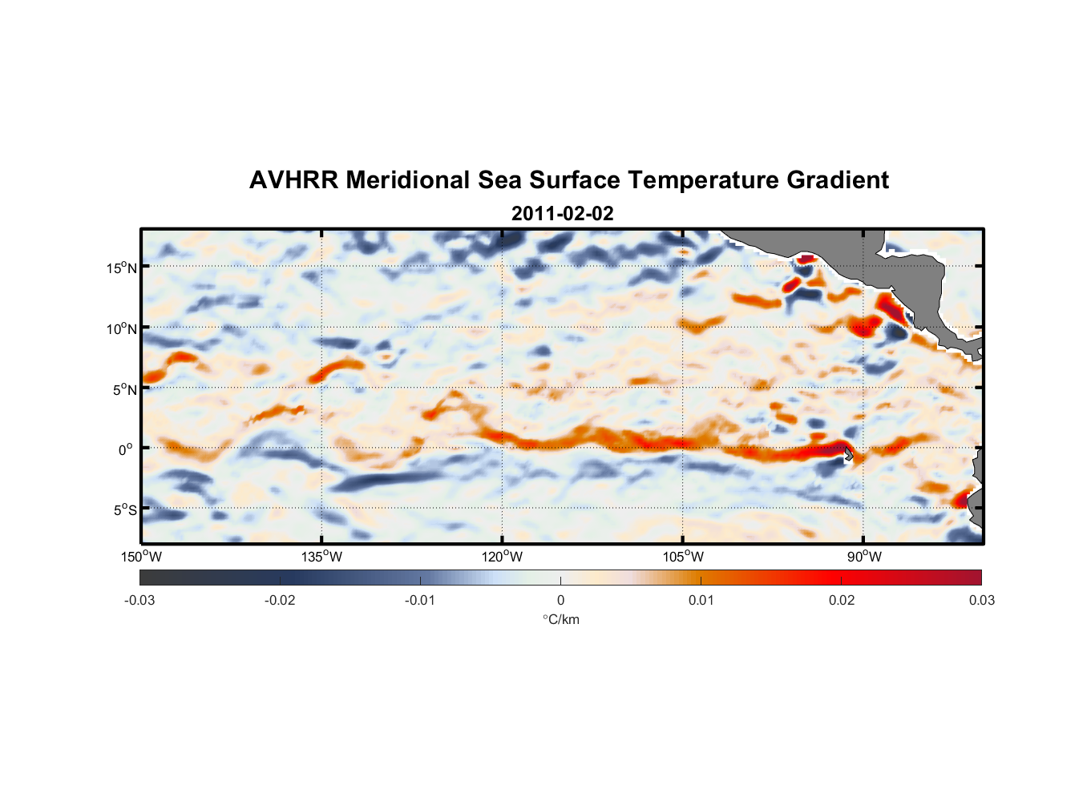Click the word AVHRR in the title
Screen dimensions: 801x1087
point(293,180)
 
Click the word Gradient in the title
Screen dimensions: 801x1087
point(838,180)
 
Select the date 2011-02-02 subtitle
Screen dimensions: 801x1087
point(562,214)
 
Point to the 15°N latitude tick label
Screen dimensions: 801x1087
point(122,268)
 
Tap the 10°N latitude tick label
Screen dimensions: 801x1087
point(122,328)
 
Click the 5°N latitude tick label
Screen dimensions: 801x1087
point(124,389)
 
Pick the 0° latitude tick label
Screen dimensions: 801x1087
point(126,449)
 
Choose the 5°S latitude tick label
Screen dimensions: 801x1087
point(124,509)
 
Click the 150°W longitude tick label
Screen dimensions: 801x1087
point(142,557)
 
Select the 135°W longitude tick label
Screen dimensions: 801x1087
point(322,557)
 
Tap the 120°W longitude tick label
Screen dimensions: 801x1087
point(503,557)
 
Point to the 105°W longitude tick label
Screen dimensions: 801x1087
point(683,557)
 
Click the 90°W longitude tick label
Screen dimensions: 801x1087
point(864,557)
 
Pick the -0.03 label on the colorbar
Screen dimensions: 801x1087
point(139,600)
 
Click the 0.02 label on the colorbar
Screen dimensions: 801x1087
point(842,600)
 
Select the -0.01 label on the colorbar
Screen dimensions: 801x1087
point(420,600)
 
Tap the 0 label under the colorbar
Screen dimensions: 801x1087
point(560,600)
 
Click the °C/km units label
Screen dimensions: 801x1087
point(561,619)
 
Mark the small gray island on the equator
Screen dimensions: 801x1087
point(849,453)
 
